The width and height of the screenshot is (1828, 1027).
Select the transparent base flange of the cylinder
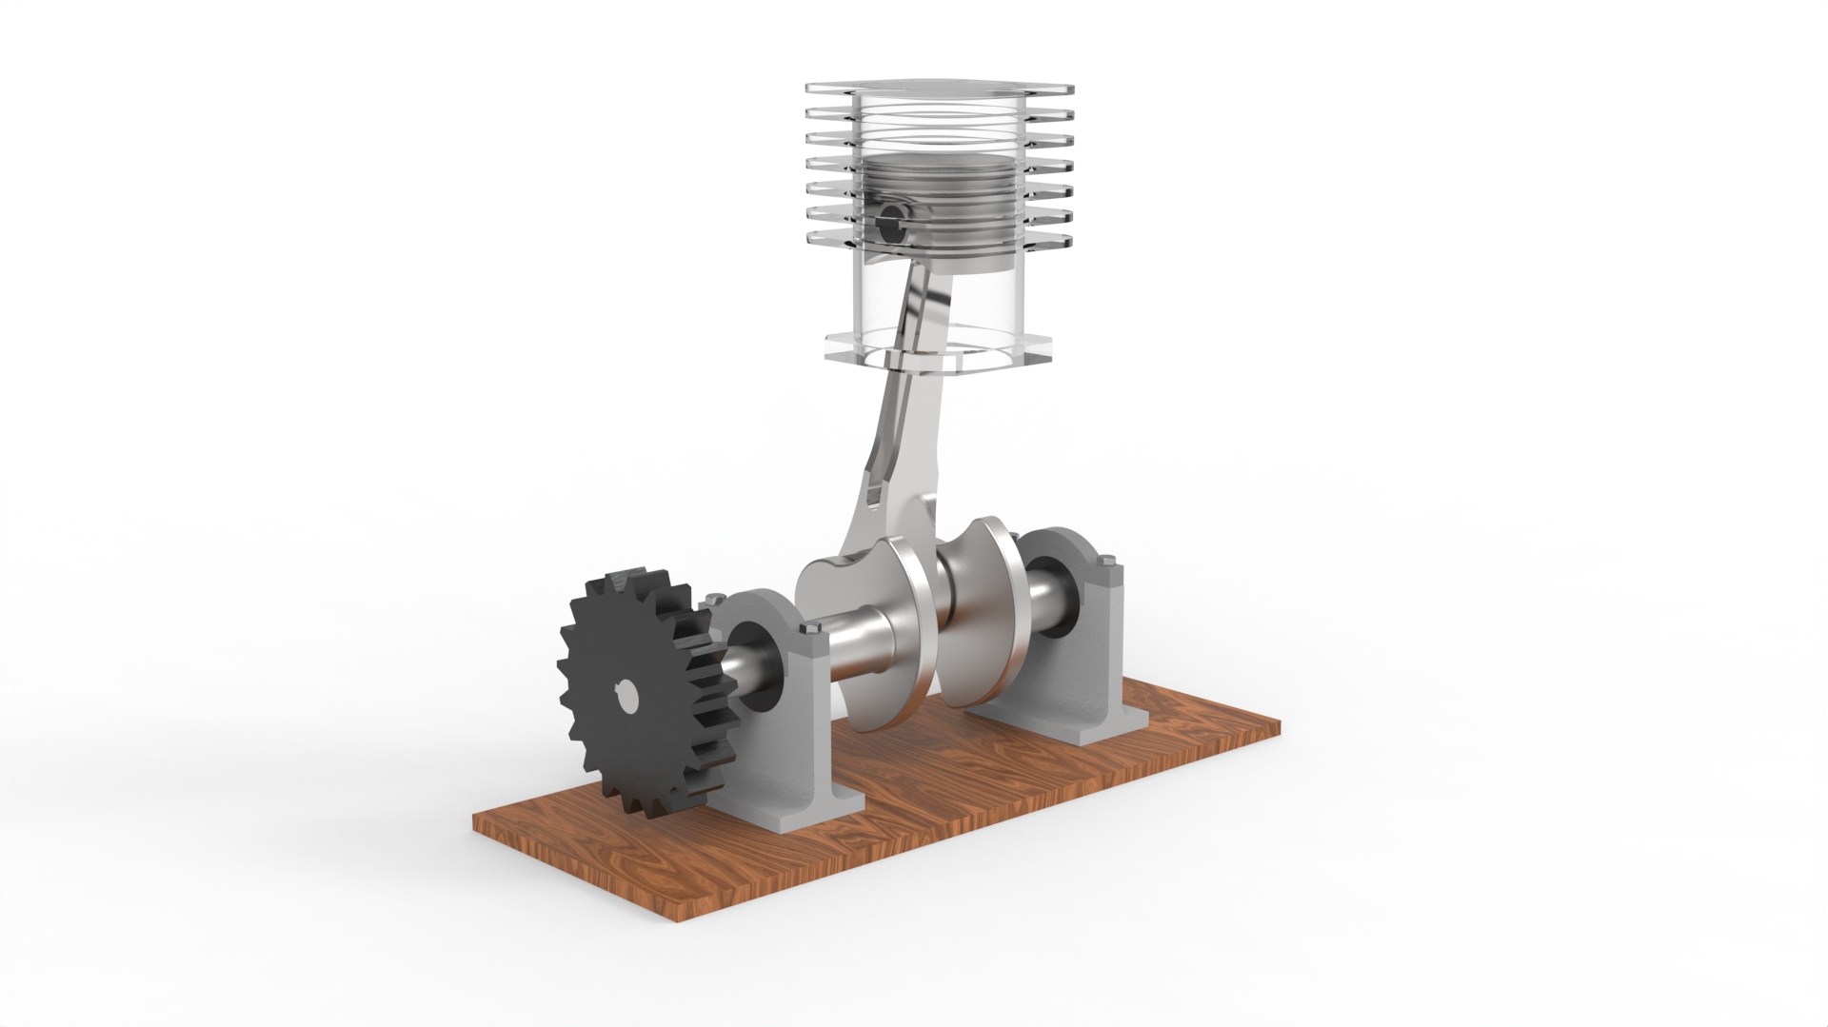(938, 350)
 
